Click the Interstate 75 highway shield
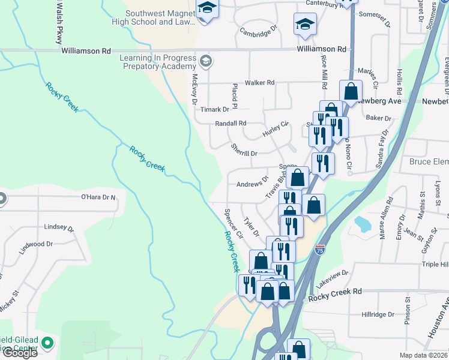(321, 248)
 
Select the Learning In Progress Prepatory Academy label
(158, 62)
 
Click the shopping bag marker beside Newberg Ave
(351, 92)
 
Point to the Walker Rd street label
(259, 83)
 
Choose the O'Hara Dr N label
(98, 197)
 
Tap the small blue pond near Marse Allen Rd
(363, 224)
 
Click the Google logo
(19, 353)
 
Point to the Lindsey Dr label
(59, 229)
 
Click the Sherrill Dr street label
(244, 154)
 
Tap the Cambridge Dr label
(259, 31)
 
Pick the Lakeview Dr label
(333, 277)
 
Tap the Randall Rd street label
(231, 124)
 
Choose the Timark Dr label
(215, 109)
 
